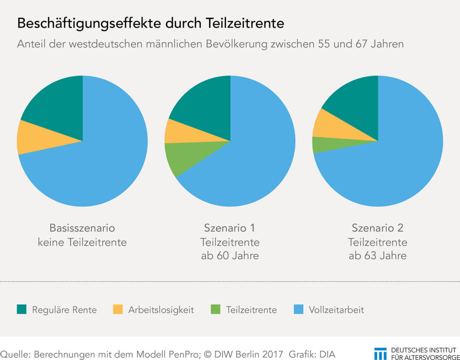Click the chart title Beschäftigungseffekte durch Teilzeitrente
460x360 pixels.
[150, 24]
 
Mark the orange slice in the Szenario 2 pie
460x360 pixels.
[334, 125]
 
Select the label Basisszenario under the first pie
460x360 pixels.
[82, 228]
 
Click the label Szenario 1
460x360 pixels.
[230, 228]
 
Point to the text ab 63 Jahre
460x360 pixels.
[378, 256]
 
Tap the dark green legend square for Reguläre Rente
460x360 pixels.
[22, 309]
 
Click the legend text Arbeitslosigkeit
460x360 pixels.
[161, 310]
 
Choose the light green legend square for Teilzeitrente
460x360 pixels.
[215, 309]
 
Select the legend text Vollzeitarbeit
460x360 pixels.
[336, 310]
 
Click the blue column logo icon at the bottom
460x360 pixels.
[380, 354]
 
